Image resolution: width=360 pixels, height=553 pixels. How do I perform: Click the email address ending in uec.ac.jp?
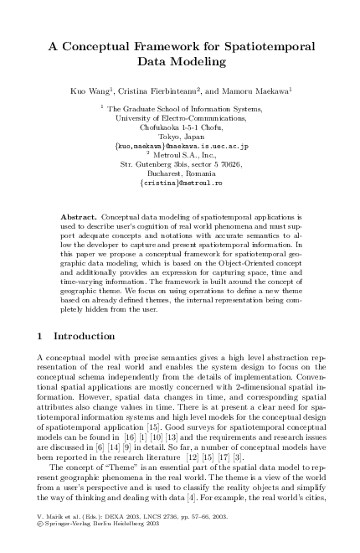(x=181, y=145)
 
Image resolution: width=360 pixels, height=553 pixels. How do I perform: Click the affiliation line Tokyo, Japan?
(x=181, y=136)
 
